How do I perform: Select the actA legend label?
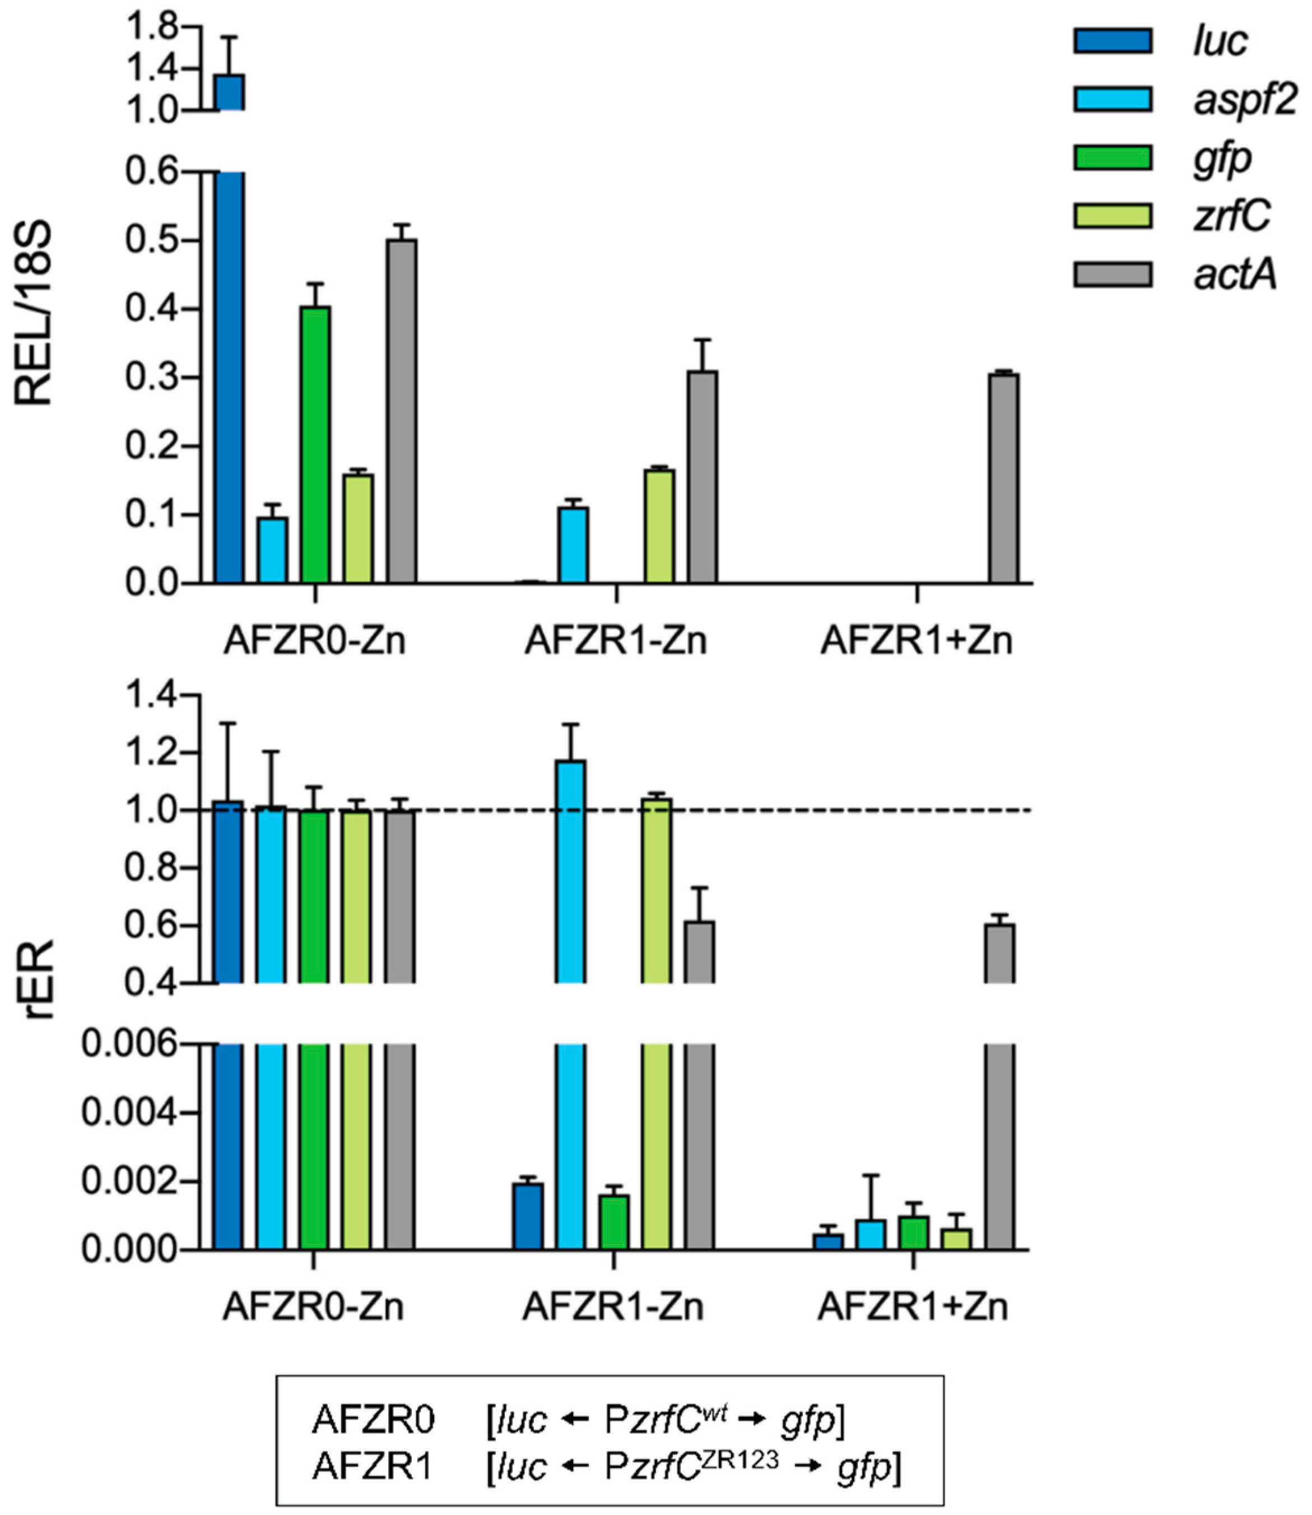tap(1235, 275)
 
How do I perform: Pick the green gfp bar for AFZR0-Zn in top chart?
tap(315, 444)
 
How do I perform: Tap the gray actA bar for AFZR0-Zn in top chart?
tap(402, 411)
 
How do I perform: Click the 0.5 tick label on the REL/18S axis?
tap(152, 241)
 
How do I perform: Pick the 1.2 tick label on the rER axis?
tap(152, 753)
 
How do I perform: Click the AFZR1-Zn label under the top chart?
tap(616, 642)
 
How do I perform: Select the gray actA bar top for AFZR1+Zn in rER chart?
tap(999, 926)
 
